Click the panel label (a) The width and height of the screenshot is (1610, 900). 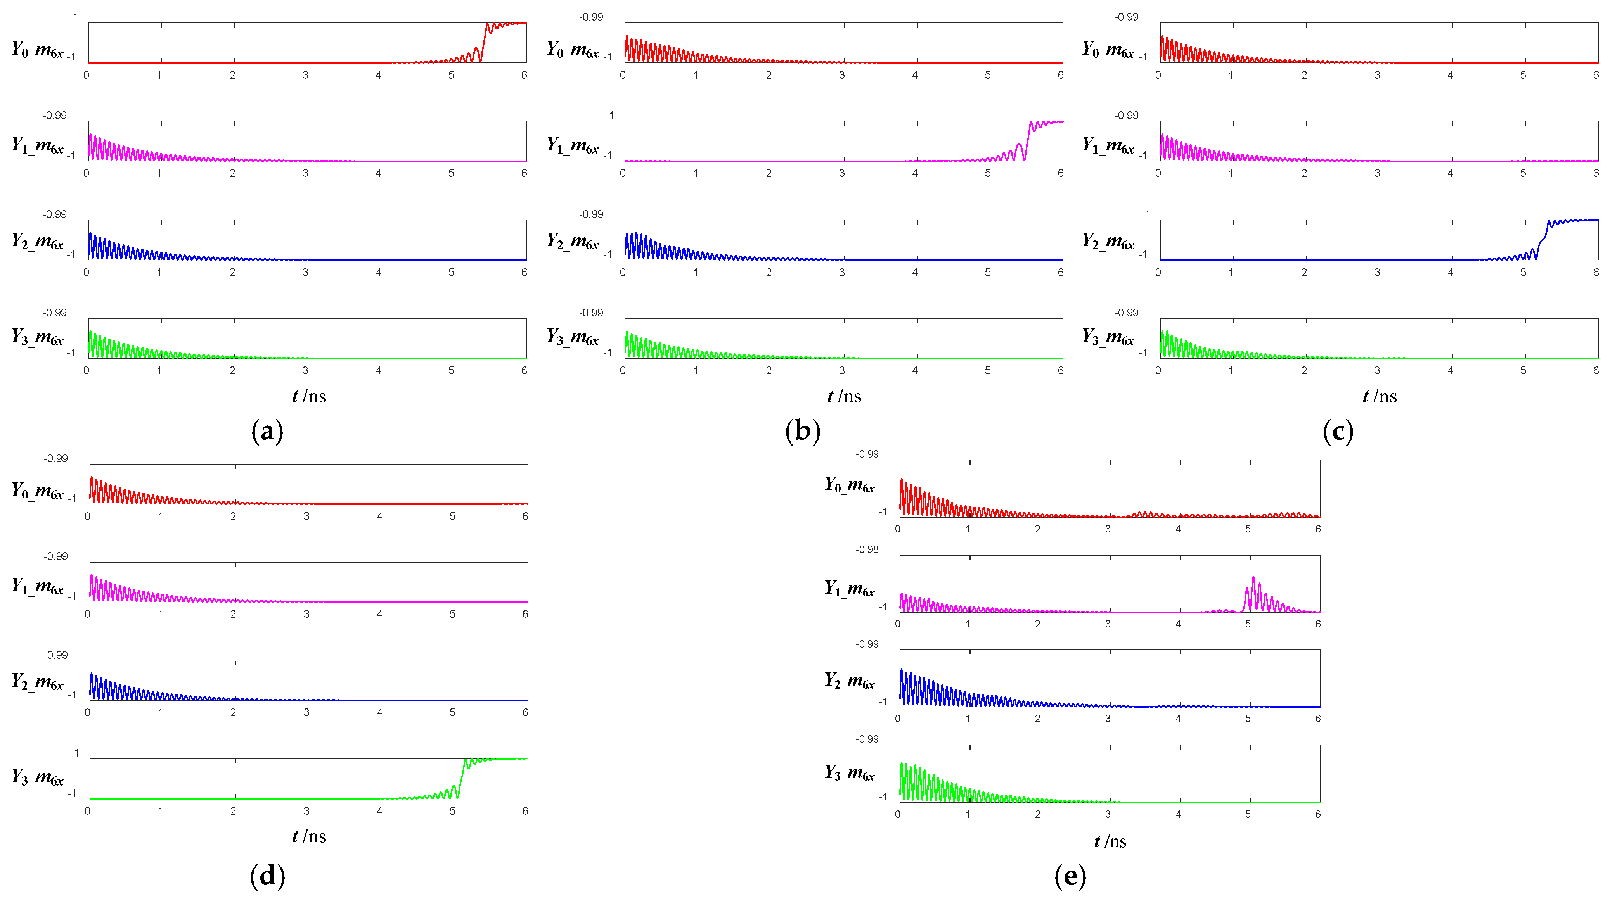point(267,431)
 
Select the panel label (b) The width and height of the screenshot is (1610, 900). point(803,431)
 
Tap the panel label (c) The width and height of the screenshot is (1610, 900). point(1338,431)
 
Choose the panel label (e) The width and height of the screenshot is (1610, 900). point(1070,876)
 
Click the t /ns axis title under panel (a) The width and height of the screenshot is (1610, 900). point(309,396)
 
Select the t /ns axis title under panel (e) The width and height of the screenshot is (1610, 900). point(1110,841)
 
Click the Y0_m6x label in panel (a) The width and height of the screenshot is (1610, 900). point(38,49)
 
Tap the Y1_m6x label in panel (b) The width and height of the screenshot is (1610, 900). point(573,145)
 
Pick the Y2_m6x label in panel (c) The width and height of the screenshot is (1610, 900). point(1108,241)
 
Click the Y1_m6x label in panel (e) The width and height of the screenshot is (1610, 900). point(849,588)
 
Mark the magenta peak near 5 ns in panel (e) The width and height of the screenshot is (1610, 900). point(1253,578)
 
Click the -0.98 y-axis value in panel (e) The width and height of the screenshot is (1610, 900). point(867,549)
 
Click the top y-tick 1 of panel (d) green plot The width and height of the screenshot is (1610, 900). point(76,753)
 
